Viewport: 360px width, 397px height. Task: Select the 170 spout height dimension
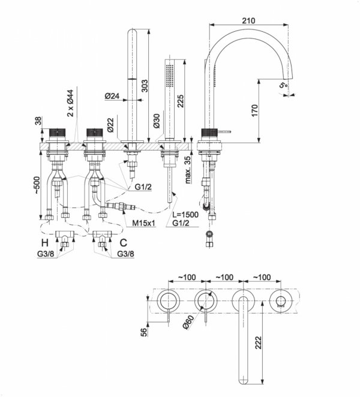[x=254, y=110]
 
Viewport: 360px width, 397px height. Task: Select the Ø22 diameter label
[x=110, y=123]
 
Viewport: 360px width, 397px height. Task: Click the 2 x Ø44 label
[x=70, y=103]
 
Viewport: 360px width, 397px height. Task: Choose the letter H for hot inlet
[x=44, y=243]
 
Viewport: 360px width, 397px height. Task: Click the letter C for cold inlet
[x=123, y=243]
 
